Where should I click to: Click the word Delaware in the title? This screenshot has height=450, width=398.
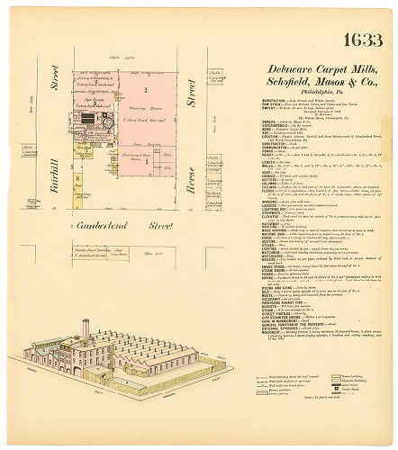click(262, 68)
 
